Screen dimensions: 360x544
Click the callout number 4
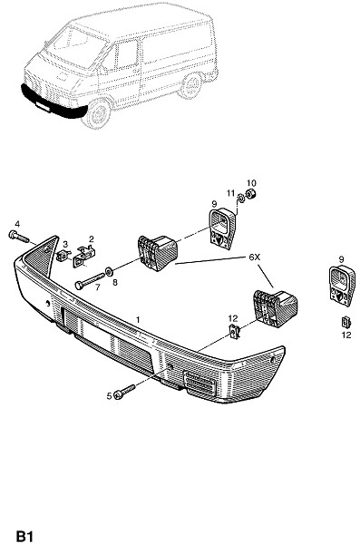pos(17,224)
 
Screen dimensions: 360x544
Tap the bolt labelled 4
pos(18,237)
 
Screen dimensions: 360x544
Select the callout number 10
pos(251,183)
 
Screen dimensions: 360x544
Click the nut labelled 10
pos(251,195)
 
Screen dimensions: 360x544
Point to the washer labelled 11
pos(240,199)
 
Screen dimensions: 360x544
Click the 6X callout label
pos(254,257)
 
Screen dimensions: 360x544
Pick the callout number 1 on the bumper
pos(138,319)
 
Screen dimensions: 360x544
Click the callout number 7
pos(98,287)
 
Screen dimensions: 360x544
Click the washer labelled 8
pos(109,271)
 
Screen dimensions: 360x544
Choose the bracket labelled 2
pos(84,256)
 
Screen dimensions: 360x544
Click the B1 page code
pos(24,536)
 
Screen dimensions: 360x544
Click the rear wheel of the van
pos(190,85)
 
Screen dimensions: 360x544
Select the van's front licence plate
pos(43,107)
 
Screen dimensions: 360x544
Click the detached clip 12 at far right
pos(345,323)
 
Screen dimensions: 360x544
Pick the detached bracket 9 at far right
pos(342,286)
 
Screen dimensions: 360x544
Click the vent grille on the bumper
pos(200,382)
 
